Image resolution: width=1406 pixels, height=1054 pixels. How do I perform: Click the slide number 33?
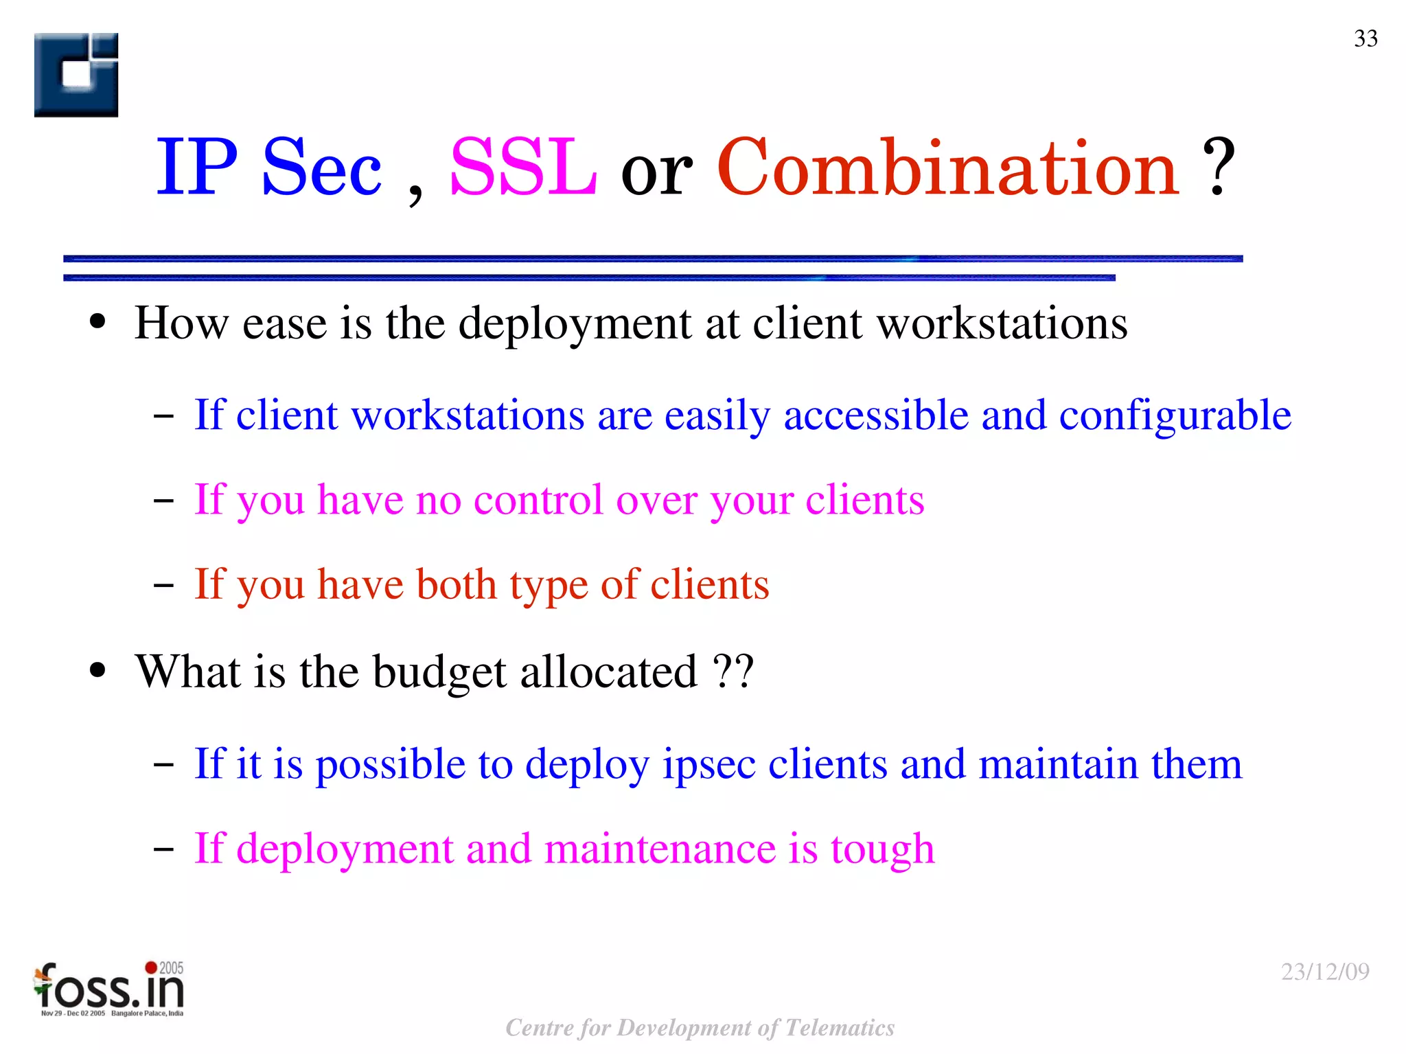coord(1365,38)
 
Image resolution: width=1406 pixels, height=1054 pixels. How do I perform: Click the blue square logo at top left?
coord(76,75)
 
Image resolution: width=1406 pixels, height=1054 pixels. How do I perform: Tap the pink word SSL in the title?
coord(523,168)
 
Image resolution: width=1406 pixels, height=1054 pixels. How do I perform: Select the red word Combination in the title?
coord(948,168)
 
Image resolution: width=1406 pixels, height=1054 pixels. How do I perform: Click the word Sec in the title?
coord(321,169)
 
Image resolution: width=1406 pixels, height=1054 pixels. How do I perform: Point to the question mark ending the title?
coord(1219,168)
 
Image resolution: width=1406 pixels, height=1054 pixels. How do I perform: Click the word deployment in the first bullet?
coord(575,323)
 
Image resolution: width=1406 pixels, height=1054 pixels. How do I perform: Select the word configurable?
coord(1175,415)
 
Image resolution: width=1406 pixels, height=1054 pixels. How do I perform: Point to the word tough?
coord(882,850)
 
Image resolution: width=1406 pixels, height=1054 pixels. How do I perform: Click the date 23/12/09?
coord(1325,972)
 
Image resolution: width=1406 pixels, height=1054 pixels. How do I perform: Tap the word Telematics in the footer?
coord(840,1027)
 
